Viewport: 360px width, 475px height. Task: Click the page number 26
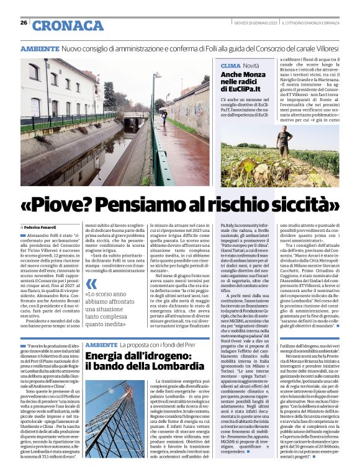[24, 23]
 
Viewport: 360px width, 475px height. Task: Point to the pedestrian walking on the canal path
[163, 116]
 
